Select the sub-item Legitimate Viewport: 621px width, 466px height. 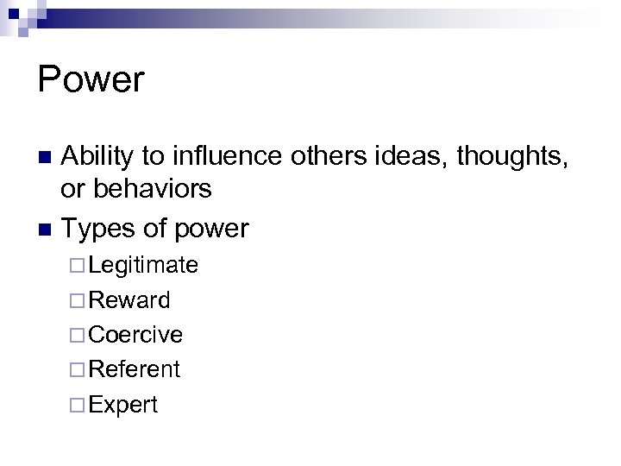coord(143,265)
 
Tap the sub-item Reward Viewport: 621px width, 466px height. coord(129,299)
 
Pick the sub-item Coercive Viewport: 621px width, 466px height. coord(135,334)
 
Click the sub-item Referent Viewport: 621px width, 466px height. coord(134,369)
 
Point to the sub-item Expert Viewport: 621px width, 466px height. coord(123,404)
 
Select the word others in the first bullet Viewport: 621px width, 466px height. coord(318,157)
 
